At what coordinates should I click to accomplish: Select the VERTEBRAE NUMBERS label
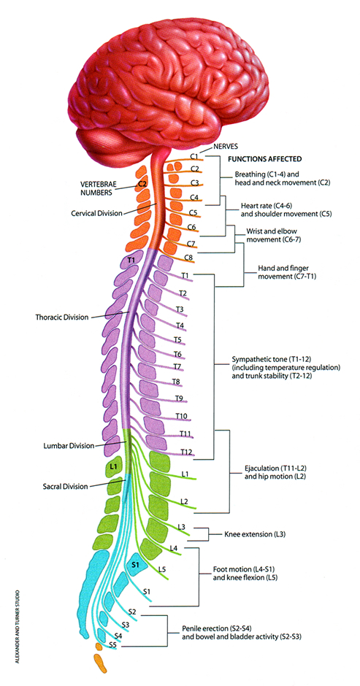[99, 190]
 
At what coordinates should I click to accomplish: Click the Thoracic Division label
[62, 317]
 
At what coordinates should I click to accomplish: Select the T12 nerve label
[186, 452]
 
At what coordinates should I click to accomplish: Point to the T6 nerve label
[177, 355]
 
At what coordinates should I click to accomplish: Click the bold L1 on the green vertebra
[112, 466]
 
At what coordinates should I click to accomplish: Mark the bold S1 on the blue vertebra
[136, 564]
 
